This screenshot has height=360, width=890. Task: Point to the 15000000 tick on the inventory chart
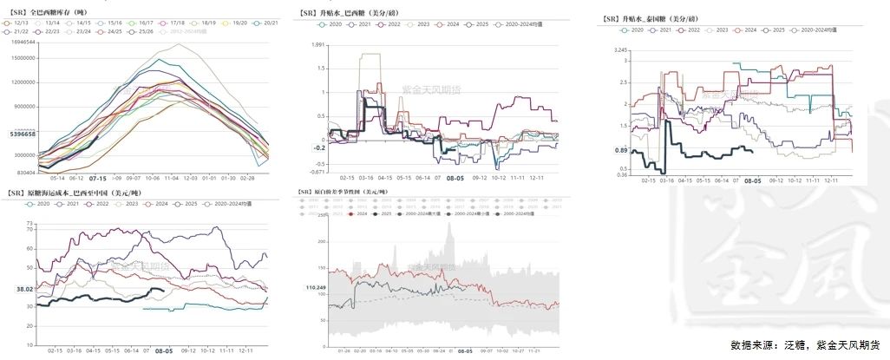point(24,58)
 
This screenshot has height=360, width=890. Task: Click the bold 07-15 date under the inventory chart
point(98,176)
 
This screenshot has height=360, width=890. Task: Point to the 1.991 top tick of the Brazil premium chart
point(317,44)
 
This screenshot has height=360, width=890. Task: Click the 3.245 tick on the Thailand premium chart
point(619,51)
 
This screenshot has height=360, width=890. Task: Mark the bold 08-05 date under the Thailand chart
point(751,180)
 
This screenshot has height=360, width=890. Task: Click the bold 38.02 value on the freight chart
point(25,289)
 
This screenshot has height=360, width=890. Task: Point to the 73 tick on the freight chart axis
point(29,224)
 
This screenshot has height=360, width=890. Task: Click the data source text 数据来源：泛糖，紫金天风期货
point(805,344)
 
